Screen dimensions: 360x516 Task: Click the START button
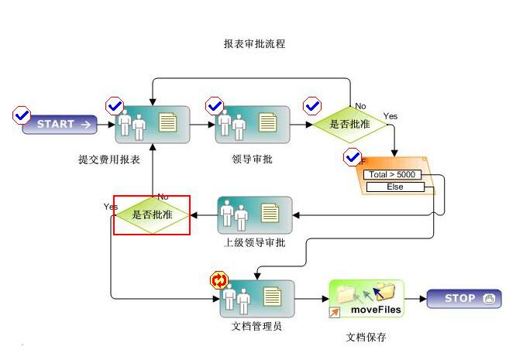(x=60, y=124)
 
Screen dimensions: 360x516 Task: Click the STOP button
(x=464, y=299)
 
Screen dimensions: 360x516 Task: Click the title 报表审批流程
(x=254, y=44)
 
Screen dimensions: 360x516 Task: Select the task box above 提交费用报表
(x=153, y=123)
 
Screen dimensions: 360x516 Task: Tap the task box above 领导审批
(x=253, y=123)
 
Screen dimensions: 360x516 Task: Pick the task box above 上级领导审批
(x=255, y=214)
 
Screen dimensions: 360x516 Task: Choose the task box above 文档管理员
(x=256, y=298)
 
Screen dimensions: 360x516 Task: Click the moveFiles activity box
(x=367, y=299)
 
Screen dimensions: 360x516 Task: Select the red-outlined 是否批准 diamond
(x=152, y=214)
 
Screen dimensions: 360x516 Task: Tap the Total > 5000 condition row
(x=394, y=175)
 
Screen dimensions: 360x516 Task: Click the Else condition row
(x=394, y=187)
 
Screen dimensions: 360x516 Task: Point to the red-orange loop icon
(x=219, y=279)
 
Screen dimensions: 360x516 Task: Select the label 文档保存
(x=366, y=338)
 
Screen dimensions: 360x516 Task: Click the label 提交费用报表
(x=109, y=159)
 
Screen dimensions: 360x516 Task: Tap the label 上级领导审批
(x=254, y=242)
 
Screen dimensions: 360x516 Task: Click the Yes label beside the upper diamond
(x=390, y=116)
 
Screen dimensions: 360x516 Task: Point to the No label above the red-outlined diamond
(x=163, y=196)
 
